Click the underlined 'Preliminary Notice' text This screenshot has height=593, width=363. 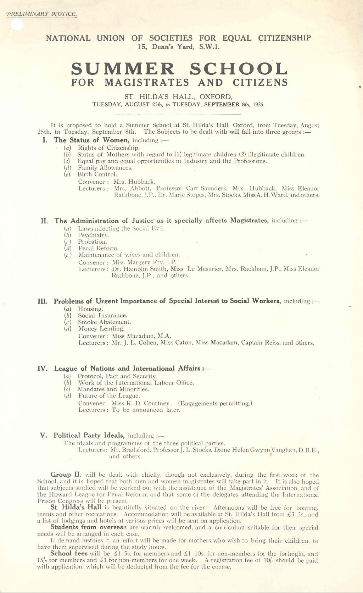click(41, 14)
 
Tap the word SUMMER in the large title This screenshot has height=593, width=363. click(123, 69)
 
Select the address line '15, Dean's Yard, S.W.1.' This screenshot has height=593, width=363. click(179, 47)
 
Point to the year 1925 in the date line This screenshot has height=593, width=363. click(259, 105)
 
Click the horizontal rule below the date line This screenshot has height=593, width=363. click(178, 114)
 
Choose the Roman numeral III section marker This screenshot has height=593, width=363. click(43, 301)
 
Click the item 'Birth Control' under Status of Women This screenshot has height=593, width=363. click(97, 174)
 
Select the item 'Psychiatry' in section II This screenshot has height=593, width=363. click(94, 235)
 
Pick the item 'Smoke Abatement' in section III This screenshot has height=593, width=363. click(105, 322)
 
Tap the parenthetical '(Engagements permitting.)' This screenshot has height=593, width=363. click(215, 403)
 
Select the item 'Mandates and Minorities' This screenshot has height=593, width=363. click(113, 389)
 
